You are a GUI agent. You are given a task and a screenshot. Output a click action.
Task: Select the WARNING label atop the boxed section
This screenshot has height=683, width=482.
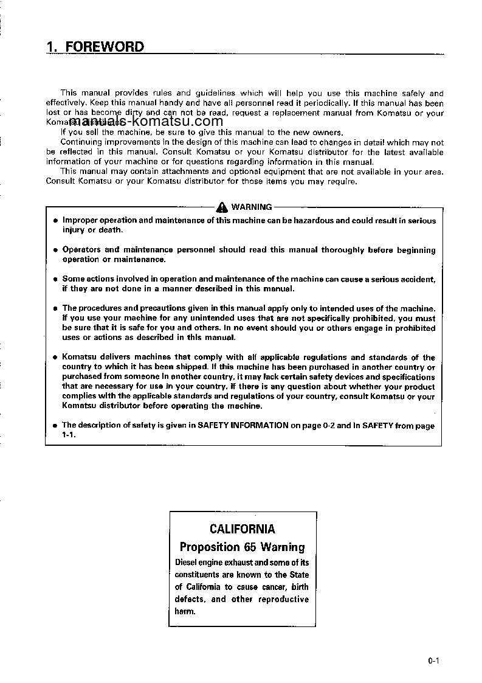pos(252,207)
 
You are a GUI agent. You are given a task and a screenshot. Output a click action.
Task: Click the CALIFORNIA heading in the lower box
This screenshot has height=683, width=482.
pos(242,529)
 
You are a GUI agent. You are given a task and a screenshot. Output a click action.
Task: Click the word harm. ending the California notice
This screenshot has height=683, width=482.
pos(185,611)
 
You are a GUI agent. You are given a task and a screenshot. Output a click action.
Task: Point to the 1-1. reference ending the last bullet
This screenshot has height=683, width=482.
pos(69,435)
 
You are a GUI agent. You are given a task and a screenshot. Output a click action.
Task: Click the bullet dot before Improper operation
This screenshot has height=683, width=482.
pos(55,221)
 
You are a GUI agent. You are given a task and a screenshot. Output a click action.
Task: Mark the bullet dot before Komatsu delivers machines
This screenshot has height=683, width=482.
pos(55,358)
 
